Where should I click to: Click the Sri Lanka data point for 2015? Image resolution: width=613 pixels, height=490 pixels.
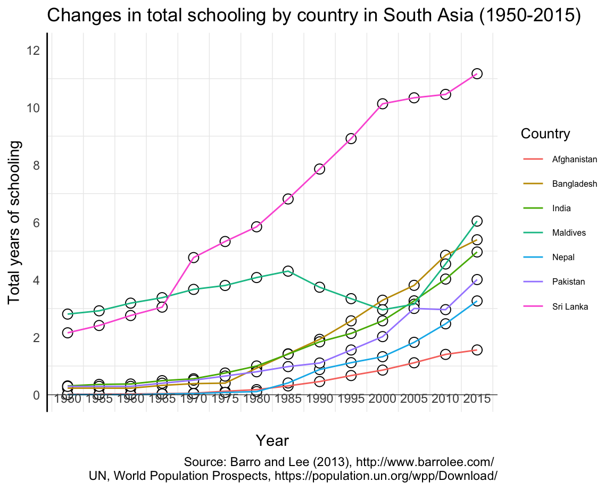tap(477, 73)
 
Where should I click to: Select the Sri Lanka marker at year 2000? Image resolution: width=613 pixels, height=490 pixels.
tap(382, 104)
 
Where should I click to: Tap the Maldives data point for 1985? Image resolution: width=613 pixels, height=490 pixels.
tap(288, 271)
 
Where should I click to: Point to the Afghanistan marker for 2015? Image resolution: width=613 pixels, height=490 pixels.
tap(477, 350)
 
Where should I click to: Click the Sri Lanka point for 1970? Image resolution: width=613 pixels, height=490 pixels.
tap(194, 258)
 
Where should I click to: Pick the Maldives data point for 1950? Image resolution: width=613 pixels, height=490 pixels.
tap(68, 314)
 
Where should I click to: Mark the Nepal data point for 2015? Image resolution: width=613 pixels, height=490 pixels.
tap(477, 301)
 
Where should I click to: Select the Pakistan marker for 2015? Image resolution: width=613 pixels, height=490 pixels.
tap(477, 280)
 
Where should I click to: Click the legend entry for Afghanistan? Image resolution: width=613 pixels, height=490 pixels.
tap(574, 159)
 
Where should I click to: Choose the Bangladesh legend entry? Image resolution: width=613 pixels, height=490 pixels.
tap(574, 184)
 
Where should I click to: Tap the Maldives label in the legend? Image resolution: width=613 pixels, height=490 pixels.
tap(569, 232)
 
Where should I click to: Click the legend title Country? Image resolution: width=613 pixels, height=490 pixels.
tap(545, 134)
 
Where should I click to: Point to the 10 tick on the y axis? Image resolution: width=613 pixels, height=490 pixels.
tap(33, 108)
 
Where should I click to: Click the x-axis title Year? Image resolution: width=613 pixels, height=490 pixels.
tap(272, 441)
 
